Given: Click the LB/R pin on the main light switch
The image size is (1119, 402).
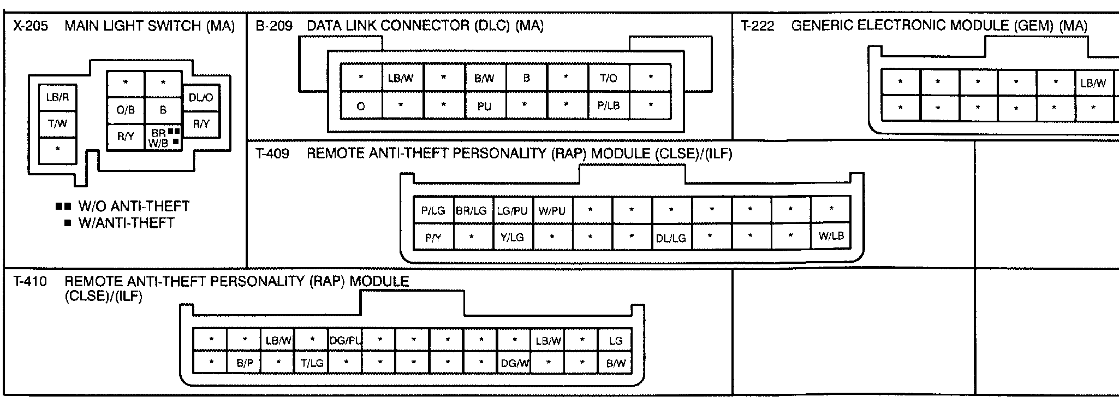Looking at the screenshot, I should [57, 98].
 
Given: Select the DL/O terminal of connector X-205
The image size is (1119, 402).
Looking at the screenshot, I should [201, 98].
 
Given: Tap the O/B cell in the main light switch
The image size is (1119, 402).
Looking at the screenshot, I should [126, 110].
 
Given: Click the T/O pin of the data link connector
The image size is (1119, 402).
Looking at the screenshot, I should [608, 78].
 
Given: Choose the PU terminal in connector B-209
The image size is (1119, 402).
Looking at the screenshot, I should [484, 107].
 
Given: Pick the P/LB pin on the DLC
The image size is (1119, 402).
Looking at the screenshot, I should [608, 106].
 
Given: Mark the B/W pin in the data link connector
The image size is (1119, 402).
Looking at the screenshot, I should [484, 78].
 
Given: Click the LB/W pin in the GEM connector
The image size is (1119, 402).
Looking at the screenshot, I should [1093, 83].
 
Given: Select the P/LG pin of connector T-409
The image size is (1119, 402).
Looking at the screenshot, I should [433, 210].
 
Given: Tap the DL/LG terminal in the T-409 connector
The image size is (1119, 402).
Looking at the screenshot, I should [671, 238].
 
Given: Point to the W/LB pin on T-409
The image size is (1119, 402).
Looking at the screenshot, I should [830, 236].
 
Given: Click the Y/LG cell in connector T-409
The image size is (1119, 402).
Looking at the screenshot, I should [512, 237].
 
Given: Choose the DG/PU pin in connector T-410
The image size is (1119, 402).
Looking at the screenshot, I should [346, 341].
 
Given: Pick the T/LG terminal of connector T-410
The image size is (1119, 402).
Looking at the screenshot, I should [312, 363].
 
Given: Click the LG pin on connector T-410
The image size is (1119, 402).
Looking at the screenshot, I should [615, 341].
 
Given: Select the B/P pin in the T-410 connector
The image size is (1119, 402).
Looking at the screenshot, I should [245, 363].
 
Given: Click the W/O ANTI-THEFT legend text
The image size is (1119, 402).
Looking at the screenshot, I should [134, 206].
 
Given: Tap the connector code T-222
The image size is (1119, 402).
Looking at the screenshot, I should [757, 26].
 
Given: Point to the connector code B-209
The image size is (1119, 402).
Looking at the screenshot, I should [274, 26].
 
